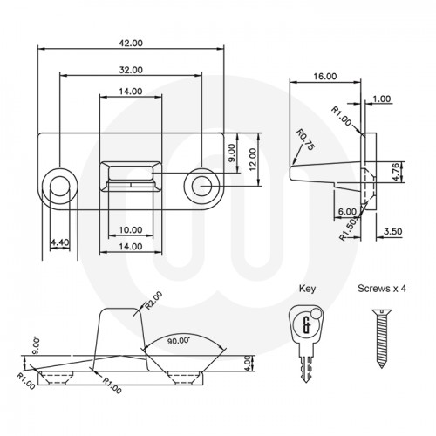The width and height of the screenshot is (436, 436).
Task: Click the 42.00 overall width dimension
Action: click(x=130, y=42)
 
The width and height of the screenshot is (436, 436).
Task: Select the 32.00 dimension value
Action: click(x=130, y=69)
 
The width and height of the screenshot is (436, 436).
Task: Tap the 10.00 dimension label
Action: click(x=130, y=230)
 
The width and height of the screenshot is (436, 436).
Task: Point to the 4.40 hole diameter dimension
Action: click(x=59, y=242)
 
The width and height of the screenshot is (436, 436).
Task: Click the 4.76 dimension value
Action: click(x=396, y=171)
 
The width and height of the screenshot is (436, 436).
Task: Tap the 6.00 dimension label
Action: click(x=346, y=212)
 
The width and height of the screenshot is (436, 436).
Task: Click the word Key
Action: click(x=308, y=287)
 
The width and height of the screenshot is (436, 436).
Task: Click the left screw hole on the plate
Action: click(x=59, y=183)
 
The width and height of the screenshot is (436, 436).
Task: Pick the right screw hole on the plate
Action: click(x=201, y=183)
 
